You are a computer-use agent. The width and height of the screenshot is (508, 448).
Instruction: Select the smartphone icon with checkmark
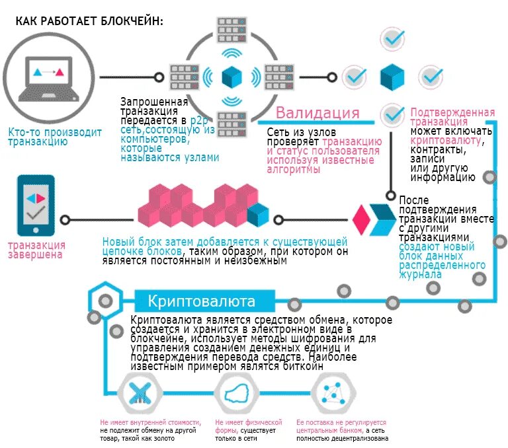32,206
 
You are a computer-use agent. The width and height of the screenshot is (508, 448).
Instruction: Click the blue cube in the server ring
231,77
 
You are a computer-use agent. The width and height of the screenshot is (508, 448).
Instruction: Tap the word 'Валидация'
317,112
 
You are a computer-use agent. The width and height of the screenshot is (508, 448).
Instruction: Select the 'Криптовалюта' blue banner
202,302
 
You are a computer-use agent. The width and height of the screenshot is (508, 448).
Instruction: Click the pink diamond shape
360,219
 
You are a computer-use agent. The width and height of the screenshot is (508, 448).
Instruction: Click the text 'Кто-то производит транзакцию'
55,137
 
